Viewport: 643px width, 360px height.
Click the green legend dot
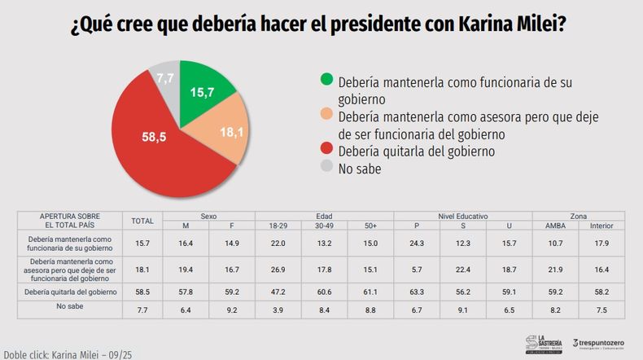point(326,79)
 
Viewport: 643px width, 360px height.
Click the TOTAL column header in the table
point(142,221)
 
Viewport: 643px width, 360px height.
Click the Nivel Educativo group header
point(462,216)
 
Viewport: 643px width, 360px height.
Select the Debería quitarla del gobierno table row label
point(69,291)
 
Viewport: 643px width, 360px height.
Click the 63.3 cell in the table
point(417,291)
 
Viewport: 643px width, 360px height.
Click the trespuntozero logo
point(597,343)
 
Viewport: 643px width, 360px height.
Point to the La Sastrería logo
point(542,343)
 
